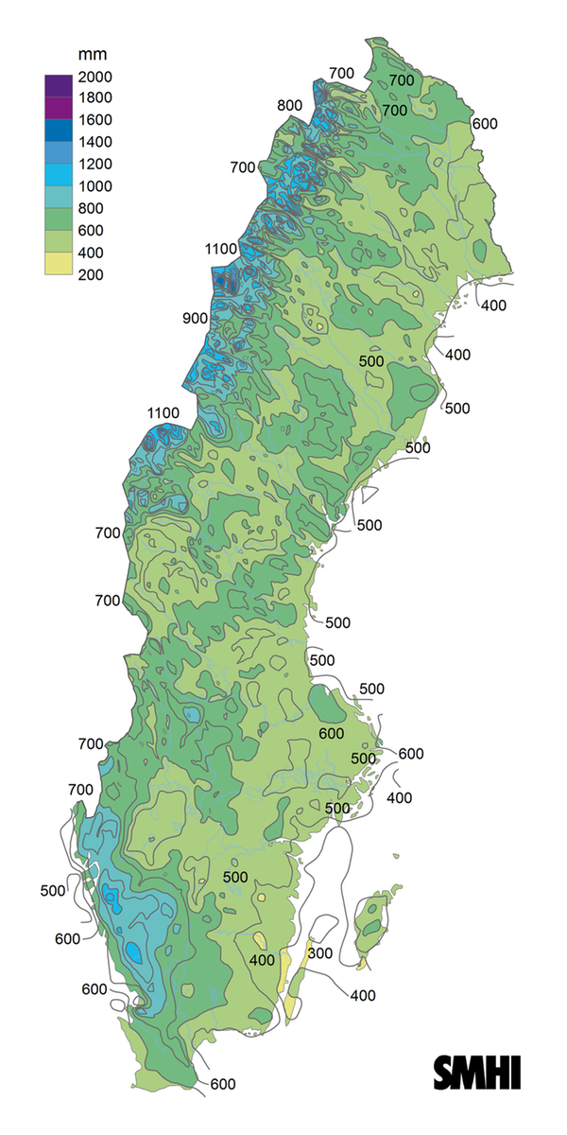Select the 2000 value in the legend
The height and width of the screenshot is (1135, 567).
point(97,77)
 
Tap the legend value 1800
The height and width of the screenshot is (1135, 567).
point(97,98)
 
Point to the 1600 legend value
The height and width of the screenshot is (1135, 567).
point(97,120)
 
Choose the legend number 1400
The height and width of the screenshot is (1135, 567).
point(97,143)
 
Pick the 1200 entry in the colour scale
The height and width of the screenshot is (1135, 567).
point(97,165)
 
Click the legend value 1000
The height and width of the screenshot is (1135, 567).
point(97,186)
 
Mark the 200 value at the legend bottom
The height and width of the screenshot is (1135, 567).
point(91,275)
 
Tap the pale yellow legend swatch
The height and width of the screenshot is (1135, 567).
point(59,264)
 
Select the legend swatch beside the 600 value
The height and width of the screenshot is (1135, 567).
point(59,219)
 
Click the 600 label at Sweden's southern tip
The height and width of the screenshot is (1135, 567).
point(223,1084)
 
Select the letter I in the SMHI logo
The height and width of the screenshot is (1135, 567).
point(516,1073)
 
